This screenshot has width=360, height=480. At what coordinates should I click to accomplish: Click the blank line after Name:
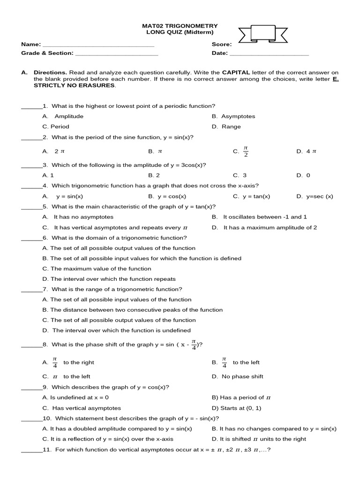[x=98, y=45]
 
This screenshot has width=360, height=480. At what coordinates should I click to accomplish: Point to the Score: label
[x=221, y=45]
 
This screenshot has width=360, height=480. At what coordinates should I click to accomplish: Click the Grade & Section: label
[x=47, y=53]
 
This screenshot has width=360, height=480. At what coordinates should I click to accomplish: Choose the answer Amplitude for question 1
[x=68, y=116]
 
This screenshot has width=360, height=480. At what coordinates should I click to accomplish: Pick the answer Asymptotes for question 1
[x=238, y=116]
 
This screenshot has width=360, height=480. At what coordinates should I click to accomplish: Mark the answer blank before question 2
[x=31, y=138]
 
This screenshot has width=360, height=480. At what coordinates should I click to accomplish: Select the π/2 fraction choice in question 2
[x=246, y=151]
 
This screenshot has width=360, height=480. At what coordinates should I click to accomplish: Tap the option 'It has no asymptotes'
[x=83, y=217]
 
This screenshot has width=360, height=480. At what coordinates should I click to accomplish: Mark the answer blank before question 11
[x=31, y=450]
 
